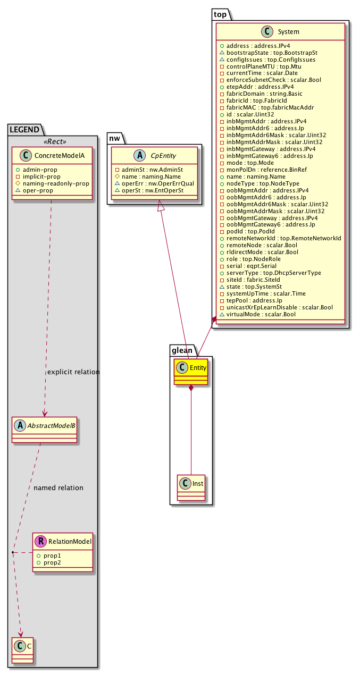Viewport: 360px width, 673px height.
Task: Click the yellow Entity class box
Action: [190, 372]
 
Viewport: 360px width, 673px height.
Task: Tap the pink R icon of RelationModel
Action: [40, 542]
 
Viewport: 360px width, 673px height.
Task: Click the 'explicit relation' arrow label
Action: [73, 372]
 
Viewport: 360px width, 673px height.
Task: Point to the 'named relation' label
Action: [58, 487]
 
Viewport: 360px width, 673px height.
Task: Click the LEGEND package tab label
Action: [25, 129]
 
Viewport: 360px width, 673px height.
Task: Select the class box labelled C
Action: [21, 649]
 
